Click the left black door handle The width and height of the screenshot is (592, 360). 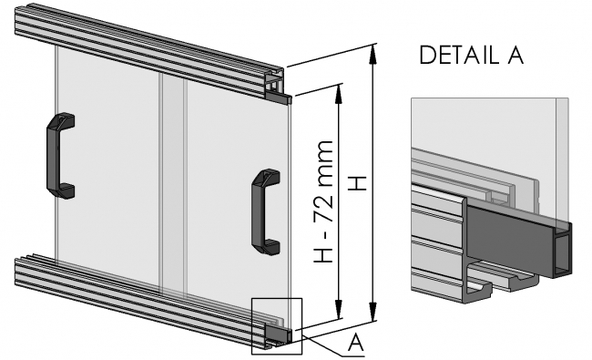59,154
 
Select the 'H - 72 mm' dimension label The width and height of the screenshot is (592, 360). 323,202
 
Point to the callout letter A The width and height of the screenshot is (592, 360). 358,344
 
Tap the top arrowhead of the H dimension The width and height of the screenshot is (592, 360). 373,51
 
